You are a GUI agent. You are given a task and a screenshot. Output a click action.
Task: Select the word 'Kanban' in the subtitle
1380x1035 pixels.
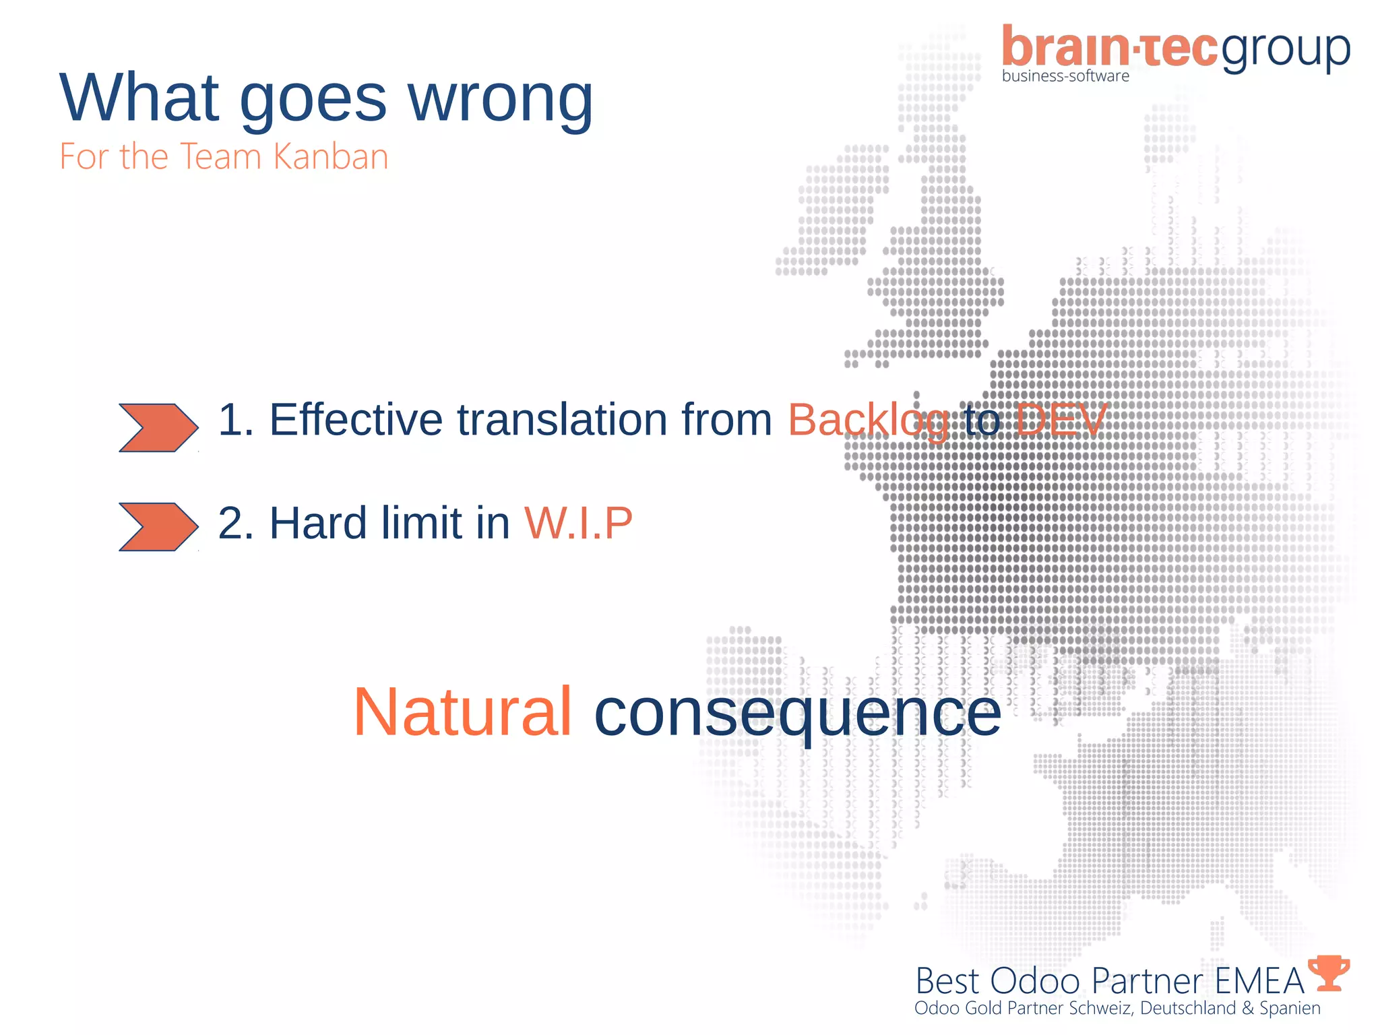[331, 157]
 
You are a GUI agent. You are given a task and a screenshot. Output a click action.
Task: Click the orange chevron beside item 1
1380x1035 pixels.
[158, 428]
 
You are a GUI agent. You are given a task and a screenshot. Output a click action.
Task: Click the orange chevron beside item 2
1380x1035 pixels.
[158, 527]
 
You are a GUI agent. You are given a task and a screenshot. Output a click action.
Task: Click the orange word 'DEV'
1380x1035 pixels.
[1061, 420]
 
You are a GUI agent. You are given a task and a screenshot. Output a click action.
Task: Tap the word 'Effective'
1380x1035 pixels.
[356, 420]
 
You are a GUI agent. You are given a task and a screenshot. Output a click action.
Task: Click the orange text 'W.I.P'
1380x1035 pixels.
[578, 523]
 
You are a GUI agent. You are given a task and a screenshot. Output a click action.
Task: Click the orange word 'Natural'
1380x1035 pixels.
[463, 713]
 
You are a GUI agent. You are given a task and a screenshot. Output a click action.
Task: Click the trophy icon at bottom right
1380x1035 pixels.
[1328, 973]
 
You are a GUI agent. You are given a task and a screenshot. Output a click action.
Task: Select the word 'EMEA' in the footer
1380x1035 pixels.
[1259, 982]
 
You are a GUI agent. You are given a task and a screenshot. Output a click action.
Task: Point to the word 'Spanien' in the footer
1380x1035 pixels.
[1290, 1009]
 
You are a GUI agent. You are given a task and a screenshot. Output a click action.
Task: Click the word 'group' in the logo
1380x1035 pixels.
[1286, 51]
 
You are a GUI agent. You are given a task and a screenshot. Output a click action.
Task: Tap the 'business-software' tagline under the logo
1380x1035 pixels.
[1065, 76]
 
